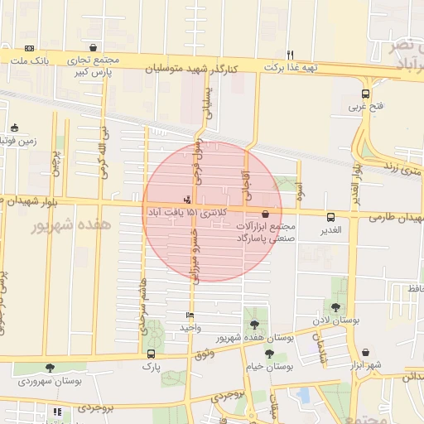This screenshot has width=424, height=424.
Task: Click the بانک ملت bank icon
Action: click(30, 48)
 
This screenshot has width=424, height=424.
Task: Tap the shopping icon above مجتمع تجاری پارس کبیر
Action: click(93, 48)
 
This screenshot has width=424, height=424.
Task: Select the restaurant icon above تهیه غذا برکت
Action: click(290, 55)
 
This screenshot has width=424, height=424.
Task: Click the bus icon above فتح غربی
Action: click(366, 94)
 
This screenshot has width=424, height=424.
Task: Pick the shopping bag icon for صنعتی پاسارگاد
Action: click(265, 214)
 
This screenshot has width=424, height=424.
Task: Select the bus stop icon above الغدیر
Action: click(331, 217)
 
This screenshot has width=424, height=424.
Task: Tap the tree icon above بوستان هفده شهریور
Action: click(253, 324)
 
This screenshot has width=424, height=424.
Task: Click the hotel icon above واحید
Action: click(191, 316)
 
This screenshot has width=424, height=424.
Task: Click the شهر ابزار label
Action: click(363, 365)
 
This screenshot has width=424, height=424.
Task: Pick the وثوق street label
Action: click(202, 354)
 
